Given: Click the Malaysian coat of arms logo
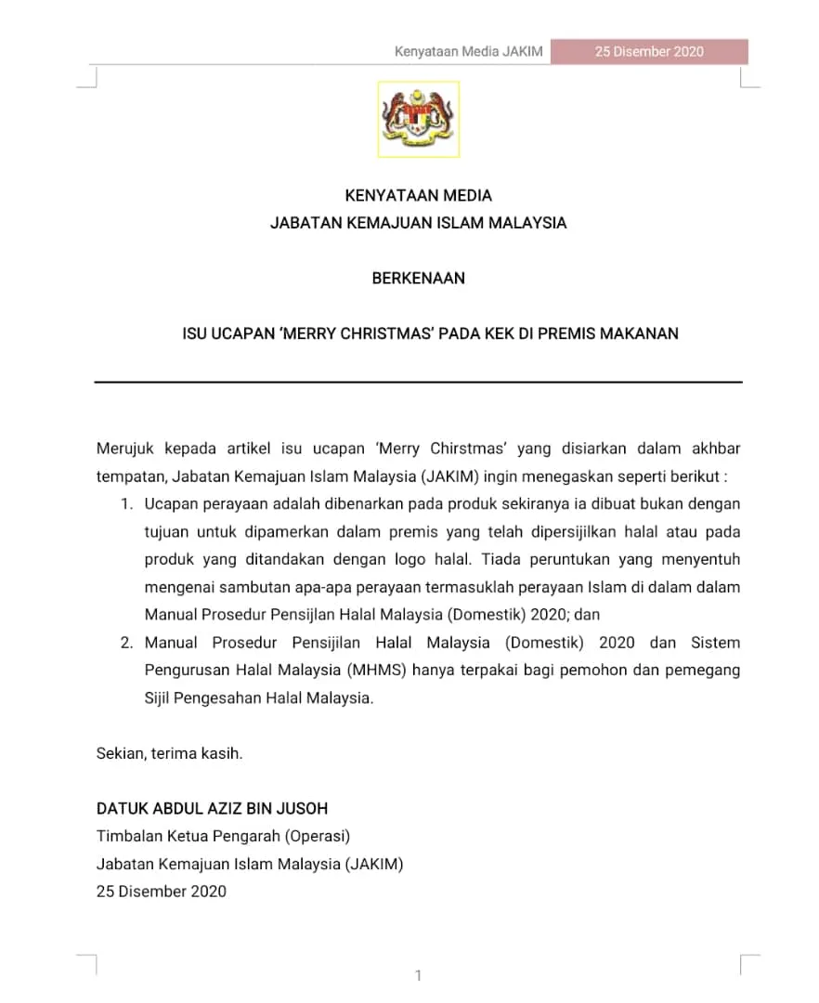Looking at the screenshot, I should tap(418, 119).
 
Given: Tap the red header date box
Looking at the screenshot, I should tap(649, 52).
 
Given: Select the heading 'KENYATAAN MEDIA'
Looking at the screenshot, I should tap(418, 196).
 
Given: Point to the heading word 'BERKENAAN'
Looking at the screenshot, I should tap(418, 278).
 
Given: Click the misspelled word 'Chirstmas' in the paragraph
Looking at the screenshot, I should tap(467, 449).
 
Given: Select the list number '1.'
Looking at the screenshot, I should tap(127, 504).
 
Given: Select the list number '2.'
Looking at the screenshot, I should tap(126, 643).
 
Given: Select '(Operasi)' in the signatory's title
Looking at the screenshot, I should tap(319, 836).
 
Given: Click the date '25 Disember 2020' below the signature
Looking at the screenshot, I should tap(161, 892).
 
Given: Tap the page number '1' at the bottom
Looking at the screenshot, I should tap(418, 975).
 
